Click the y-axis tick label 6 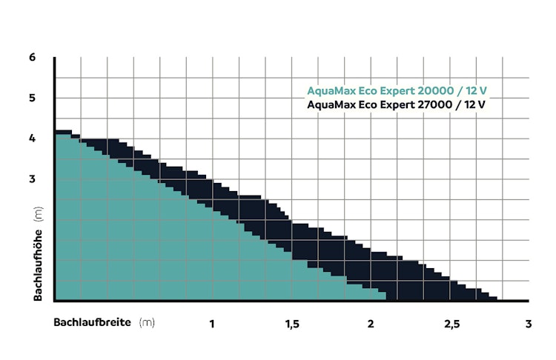click(33, 57)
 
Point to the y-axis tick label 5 click(33, 98)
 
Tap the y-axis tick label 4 click(33, 139)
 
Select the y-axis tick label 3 click(33, 179)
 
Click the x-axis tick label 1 click(212, 324)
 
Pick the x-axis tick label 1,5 click(291, 324)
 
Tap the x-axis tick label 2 click(370, 324)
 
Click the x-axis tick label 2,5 click(449, 324)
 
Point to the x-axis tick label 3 click(528, 324)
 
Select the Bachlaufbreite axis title click(92, 323)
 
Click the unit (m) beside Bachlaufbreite click(147, 323)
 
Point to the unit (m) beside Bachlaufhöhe click(36, 216)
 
